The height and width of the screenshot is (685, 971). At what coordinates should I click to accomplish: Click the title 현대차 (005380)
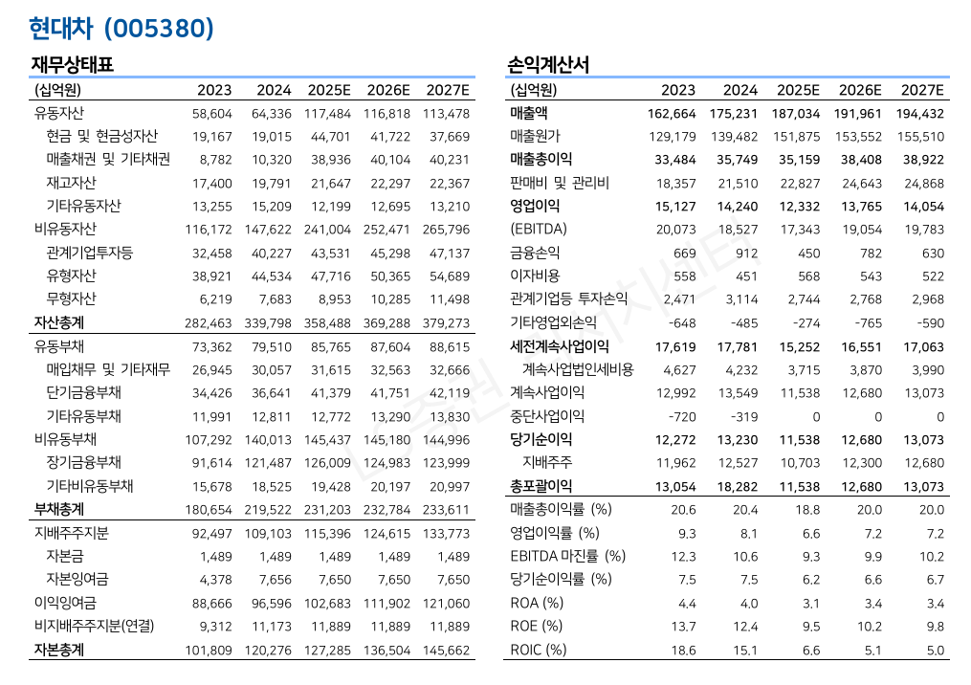click(x=121, y=29)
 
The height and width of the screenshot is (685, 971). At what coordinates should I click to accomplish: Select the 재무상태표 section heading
click(x=73, y=66)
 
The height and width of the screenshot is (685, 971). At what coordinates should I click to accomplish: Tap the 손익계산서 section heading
click(x=548, y=66)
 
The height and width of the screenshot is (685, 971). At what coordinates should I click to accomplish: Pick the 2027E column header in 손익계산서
click(x=922, y=90)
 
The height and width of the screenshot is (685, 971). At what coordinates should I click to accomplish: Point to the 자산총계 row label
click(x=58, y=323)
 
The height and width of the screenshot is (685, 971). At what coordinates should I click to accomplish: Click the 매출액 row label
click(x=529, y=113)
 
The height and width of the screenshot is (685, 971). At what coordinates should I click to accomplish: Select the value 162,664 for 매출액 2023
click(x=672, y=113)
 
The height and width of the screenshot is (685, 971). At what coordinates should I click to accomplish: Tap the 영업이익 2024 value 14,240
click(x=735, y=206)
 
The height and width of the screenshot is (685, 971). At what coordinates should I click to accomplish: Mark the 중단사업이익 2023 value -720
click(x=681, y=416)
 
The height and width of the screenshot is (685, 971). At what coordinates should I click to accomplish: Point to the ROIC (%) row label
click(x=539, y=650)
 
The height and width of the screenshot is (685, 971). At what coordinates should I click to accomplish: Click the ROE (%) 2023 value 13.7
click(x=686, y=627)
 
